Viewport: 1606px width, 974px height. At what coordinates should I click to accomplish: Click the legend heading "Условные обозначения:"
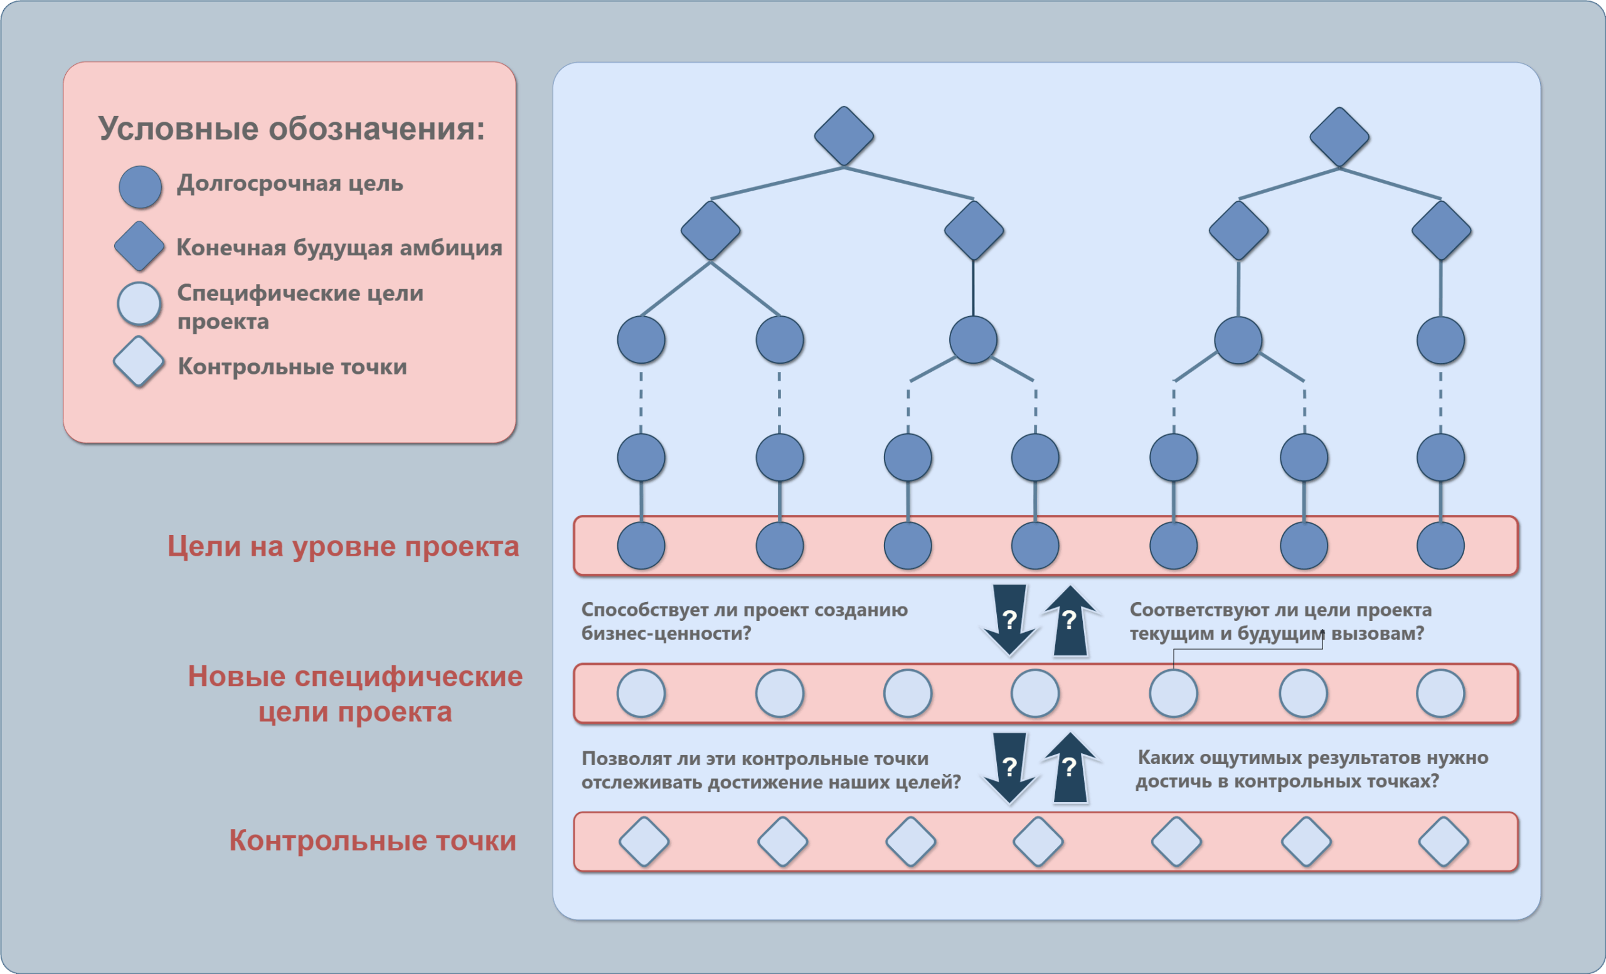point(291,129)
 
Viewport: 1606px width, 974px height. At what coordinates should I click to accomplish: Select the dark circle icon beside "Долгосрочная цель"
point(140,187)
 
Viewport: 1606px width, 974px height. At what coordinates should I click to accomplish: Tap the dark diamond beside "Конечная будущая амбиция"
point(139,246)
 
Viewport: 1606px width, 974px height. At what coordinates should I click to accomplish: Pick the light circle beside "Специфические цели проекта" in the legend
point(139,304)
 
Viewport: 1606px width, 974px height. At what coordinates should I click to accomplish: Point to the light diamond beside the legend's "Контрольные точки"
point(138,362)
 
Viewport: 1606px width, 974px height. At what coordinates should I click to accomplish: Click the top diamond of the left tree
point(844,136)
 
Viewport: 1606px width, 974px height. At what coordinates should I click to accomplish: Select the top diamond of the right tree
point(1339,137)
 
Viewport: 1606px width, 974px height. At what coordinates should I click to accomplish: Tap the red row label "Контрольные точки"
point(372,840)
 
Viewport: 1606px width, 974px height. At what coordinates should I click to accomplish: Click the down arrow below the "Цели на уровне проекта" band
point(1009,620)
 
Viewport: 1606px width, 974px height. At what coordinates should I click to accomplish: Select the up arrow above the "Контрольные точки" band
point(1070,768)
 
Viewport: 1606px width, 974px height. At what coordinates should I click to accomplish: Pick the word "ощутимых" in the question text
point(1268,758)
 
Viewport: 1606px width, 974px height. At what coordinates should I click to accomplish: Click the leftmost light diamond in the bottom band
point(644,842)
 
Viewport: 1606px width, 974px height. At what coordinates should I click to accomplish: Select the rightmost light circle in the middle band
point(1440,693)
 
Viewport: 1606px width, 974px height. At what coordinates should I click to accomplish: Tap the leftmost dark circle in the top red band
point(641,546)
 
